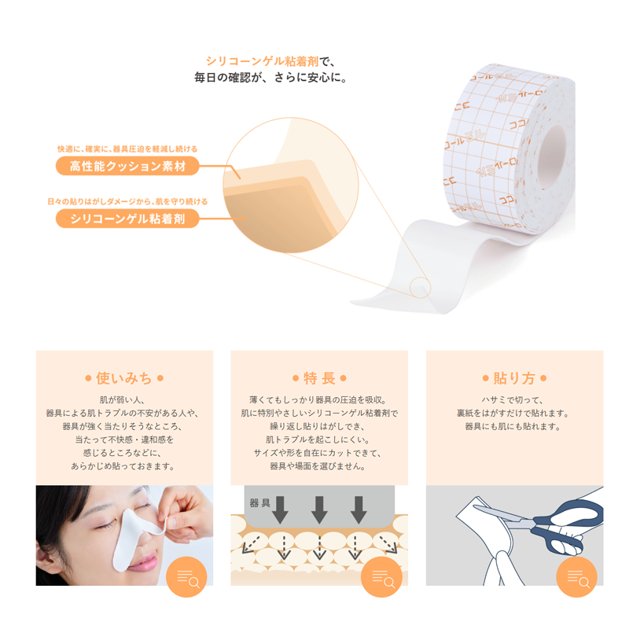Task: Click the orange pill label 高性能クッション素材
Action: (x=127, y=166)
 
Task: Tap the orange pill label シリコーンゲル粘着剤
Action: (x=127, y=219)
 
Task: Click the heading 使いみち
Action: (x=124, y=378)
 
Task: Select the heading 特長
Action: (x=319, y=378)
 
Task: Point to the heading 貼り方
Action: (x=514, y=378)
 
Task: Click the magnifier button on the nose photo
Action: (x=186, y=577)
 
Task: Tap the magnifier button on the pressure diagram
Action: (x=381, y=577)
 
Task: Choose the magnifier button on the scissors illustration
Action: (x=576, y=577)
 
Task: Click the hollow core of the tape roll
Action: (x=552, y=156)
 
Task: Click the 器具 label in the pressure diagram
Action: (x=260, y=502)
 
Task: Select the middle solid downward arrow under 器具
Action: (x=319, y=509)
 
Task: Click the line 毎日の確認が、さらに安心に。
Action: (x=270, y=77)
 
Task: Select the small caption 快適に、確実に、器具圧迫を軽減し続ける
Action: (x=127, y=149)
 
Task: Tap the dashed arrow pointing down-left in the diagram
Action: (x=251, y=545)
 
